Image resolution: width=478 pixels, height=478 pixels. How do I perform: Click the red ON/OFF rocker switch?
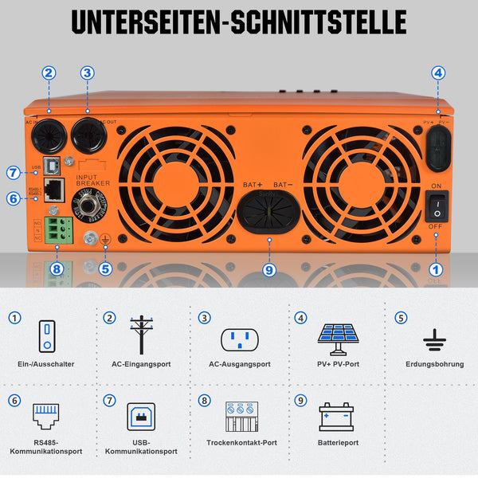pyautogui.click(x=437, y=206)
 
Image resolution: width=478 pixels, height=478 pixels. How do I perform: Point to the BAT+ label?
pyautogui.click(x=253, y=185)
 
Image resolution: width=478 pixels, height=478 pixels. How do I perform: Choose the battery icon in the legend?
pyautogui.click(x=336, y=416)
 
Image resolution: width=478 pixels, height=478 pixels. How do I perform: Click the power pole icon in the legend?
pyautogui.click(x=141, y=335)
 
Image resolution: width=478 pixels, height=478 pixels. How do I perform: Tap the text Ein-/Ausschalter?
pyautogui.click(x=45, y=364)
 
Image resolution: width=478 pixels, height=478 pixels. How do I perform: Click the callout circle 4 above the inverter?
pyautogui.click(x=437, y=72)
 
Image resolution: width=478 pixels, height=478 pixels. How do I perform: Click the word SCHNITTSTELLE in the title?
pyautogui.click(x=315, y=22)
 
